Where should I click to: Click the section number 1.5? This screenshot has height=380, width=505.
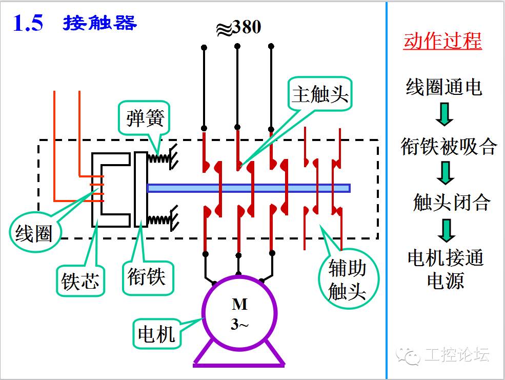point(28,23)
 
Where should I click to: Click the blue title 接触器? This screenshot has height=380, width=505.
point(100,23)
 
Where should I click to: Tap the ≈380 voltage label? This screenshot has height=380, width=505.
point(238,27)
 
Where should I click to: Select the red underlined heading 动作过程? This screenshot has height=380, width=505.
point(442,41)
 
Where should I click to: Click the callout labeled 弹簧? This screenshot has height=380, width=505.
point(144,118)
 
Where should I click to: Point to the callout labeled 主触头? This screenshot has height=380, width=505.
point(320,94)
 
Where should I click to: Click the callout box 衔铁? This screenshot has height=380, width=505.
point(148,277)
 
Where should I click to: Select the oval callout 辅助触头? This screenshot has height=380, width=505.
point(348,279)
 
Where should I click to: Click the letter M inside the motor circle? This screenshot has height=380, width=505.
point(239,305)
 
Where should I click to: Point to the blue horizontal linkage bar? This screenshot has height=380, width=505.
point(249,188)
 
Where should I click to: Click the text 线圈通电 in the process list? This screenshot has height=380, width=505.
point(444,87)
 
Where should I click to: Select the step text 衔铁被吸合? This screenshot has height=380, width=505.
point(448,147)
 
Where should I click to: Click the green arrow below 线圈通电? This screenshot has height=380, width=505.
point(445,114)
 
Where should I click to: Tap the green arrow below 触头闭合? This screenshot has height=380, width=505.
point(447,231)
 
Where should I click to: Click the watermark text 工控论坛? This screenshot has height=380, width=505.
point(457,355)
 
